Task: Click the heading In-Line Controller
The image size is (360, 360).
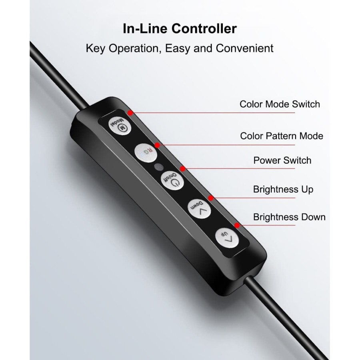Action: click(x=180, y=29)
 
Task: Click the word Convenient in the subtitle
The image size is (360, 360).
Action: click(x=244, y=48)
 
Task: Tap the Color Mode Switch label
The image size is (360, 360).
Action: click(x=280, y=104)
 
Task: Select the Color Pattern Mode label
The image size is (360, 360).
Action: click(x=282, y=136)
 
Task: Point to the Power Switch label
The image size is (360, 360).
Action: click(x=282, y=160)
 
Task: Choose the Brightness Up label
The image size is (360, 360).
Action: click(x=283, y=189)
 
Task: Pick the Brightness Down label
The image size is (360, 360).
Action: click(x=289, y=217)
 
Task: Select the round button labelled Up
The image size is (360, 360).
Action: click(x=226, y=238)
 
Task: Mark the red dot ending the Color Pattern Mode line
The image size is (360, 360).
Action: click(x=157, y=144)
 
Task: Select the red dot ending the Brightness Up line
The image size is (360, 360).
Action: click(x=210, y=197)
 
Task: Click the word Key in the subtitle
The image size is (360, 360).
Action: click(x=95, y=48)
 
